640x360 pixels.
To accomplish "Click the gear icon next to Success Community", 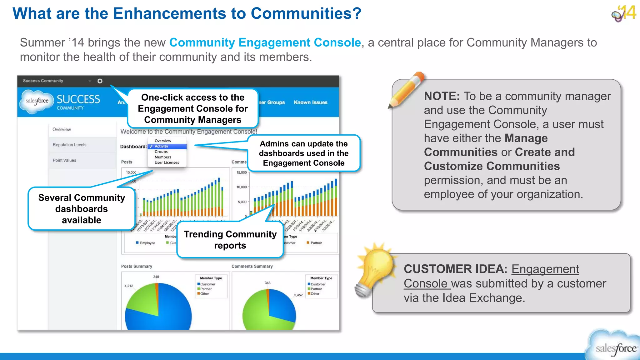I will (100, 81).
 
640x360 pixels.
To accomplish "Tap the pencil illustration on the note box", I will (407, 90).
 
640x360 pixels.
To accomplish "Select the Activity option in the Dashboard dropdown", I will (161, 146).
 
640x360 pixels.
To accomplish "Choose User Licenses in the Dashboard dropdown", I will (167, 162).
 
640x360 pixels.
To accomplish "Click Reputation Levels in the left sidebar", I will (69, 145).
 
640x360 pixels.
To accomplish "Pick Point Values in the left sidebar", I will (64, 160).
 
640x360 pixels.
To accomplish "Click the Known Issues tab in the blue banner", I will (310, 102).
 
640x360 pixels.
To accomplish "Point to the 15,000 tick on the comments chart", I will (241, 172).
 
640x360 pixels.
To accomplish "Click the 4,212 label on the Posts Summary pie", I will (128, 286).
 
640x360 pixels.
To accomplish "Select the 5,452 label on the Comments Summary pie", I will (298, 295).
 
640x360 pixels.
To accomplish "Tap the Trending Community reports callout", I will (230, 240).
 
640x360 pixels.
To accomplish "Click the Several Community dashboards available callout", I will (81, 209).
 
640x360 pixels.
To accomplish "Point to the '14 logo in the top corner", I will (624, 13).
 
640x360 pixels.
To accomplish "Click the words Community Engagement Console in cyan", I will (265, 42).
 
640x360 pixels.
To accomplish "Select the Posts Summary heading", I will (137, 266).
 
